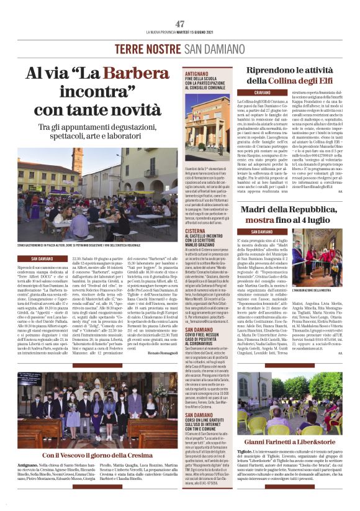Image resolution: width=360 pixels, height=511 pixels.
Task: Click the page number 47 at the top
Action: pos(180,23)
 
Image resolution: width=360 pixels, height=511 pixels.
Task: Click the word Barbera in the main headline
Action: pos(135,75)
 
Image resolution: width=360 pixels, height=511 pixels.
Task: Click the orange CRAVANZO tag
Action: pos(246,92)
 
